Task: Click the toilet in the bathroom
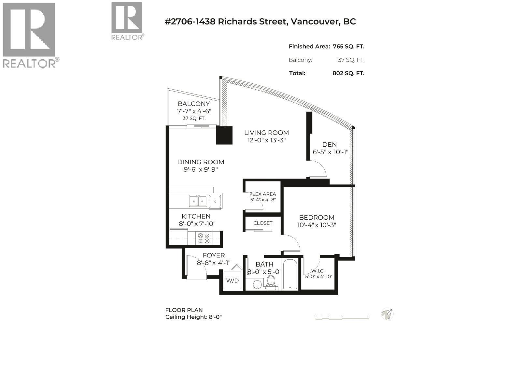tap(271, 282)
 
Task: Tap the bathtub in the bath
tap(290, 274)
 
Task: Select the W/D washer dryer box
tap(232, 280)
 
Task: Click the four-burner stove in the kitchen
tap(204, 238)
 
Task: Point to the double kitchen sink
tap(198, 201)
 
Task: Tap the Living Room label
tap(266, 133)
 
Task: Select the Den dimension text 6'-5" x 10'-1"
tap(331, 152)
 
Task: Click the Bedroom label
tap(317, 217)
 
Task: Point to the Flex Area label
tap(262, 194)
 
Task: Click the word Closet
tap(263, 223)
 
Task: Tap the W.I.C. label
tap(318, 271)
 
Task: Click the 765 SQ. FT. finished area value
tap(348, 47)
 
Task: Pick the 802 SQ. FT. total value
tap(348, 73)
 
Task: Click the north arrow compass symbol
tap(387, 314)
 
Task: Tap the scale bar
tap(342, 318)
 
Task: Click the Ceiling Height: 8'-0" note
tap(193, 317)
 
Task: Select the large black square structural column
tap(225, 135)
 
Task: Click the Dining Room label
tap(201, 162)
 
